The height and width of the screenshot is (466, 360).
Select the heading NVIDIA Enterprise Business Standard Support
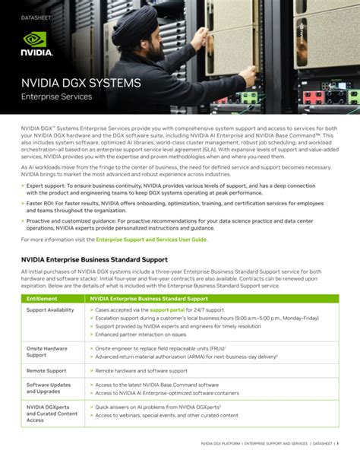click(x=94, y=259)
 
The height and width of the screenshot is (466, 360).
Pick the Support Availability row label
click(x=50, y=310)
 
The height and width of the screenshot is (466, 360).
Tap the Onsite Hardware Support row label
click(x=47, y=352)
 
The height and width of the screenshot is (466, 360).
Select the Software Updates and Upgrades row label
click(x=49, y=388)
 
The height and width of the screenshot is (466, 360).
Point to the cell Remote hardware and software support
click(x=141, y=370)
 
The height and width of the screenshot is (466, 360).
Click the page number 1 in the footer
click(x=338, y=443)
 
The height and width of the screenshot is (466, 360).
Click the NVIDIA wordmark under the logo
click(x=36, y=53)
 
